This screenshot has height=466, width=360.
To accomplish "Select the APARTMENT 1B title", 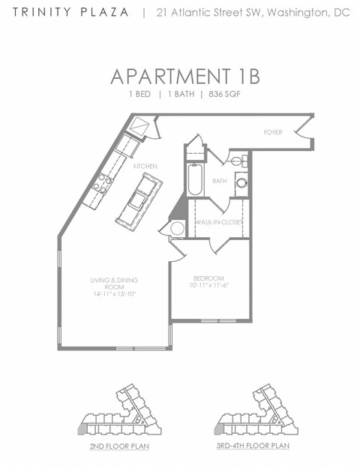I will click(x=180, y=77).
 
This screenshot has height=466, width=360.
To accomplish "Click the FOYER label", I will click(x=273, y=132).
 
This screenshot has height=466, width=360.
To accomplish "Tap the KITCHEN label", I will click(x=145, y=165).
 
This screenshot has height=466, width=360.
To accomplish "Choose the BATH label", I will click(x=220, y=181).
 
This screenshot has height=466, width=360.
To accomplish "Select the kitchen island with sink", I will click(x=137, y=199).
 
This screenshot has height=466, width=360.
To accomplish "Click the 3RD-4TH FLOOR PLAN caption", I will click(x=253, y=446).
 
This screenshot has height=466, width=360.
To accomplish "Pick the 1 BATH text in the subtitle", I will click(x=180, y=95).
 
